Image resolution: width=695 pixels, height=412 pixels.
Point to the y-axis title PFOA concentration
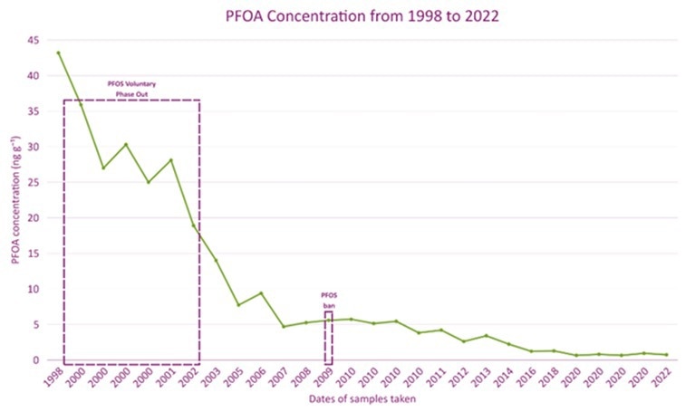(x=15, y=200)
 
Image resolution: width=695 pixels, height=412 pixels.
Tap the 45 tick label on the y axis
(x=35, y=41)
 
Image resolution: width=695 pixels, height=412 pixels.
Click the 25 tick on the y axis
(x=35, y=183)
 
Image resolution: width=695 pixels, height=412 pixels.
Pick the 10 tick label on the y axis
(x=35, y=289)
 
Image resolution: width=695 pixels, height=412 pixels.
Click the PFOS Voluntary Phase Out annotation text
(x=132, y=89)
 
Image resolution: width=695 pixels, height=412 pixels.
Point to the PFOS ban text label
(x=328, y=301)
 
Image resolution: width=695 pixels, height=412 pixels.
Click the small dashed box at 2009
(x=328, y=337)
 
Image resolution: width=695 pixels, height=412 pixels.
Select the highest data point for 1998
(x=59, y=53)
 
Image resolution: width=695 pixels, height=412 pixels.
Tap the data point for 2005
(x=239, y=304)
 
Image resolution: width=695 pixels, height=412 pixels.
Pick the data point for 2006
(x=261, y=292)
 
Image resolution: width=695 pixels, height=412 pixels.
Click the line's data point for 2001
(x=171, y=160)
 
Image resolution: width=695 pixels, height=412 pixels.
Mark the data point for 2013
(x=486, y=336)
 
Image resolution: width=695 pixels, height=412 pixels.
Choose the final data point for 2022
(x=666, y=355)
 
